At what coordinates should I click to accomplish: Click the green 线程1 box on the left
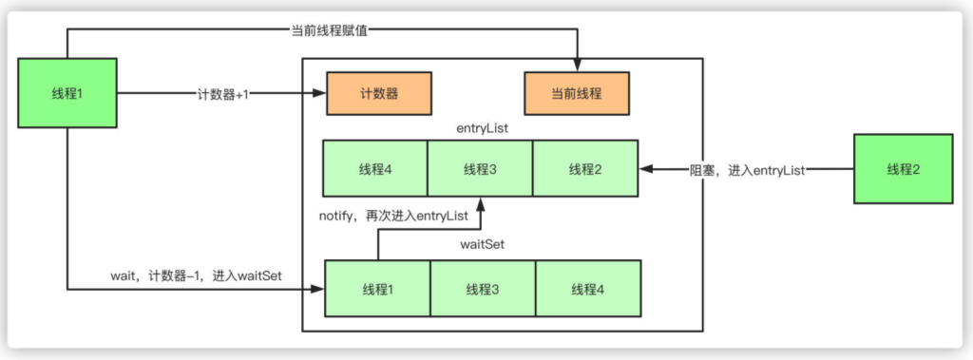point(67,93)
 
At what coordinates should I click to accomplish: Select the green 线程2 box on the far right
point(903,169)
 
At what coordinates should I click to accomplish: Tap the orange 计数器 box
point(378,94)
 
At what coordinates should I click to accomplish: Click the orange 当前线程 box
point(576,94)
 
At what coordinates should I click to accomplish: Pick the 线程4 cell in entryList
point(375,169)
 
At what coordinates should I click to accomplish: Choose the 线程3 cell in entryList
point(480,169)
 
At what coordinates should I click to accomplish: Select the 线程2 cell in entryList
point(584,169)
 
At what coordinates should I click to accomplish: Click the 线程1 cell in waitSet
point(378,289)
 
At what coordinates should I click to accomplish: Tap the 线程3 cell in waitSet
point(483,289)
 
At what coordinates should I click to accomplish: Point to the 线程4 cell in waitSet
point(588,289)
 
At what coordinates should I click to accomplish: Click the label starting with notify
point(393,217)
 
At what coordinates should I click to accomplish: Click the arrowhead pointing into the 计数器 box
point(320,94)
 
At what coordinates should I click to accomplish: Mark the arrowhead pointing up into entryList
point(480,204)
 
